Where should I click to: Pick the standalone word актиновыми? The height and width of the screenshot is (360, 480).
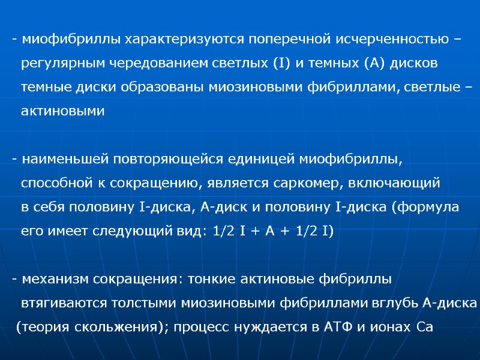coord(62,112)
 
